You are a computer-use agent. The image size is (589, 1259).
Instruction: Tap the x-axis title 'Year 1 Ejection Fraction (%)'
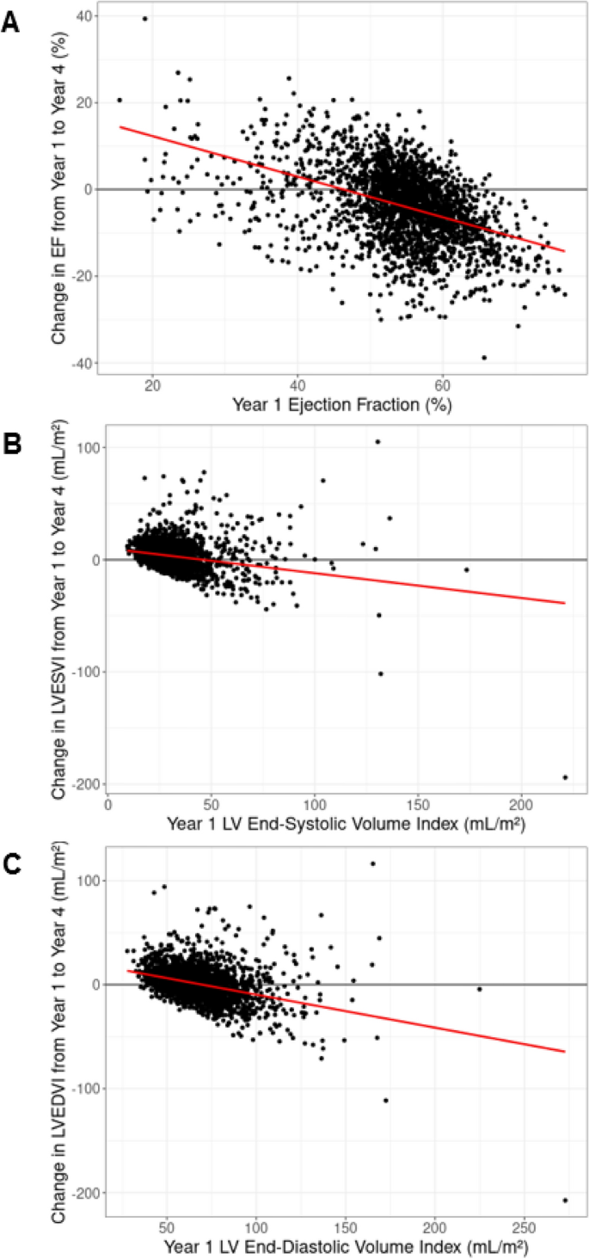[x=341, y=402]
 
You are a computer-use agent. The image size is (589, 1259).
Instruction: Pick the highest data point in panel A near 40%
[x=145, y=18]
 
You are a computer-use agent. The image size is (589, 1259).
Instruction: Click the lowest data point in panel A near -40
[x=484, y=357]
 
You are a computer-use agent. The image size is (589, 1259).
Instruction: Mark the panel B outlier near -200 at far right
[x=565, y=777]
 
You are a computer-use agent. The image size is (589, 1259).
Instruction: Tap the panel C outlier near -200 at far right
[x=565, y=1200]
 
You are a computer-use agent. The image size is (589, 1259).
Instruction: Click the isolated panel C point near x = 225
[x=479, y=989]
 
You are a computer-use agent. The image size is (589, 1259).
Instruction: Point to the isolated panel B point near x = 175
[x=467, y=569]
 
